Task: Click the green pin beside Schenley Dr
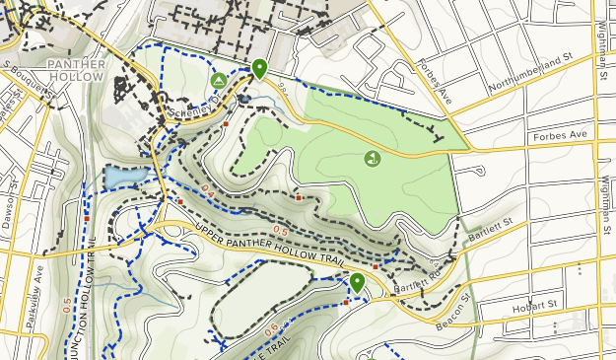259,69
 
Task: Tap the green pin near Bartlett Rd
357,284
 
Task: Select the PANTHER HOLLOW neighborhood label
75,70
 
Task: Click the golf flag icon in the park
372,158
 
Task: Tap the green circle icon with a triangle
218,80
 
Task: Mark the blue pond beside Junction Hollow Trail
122,177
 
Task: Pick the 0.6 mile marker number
271,328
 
